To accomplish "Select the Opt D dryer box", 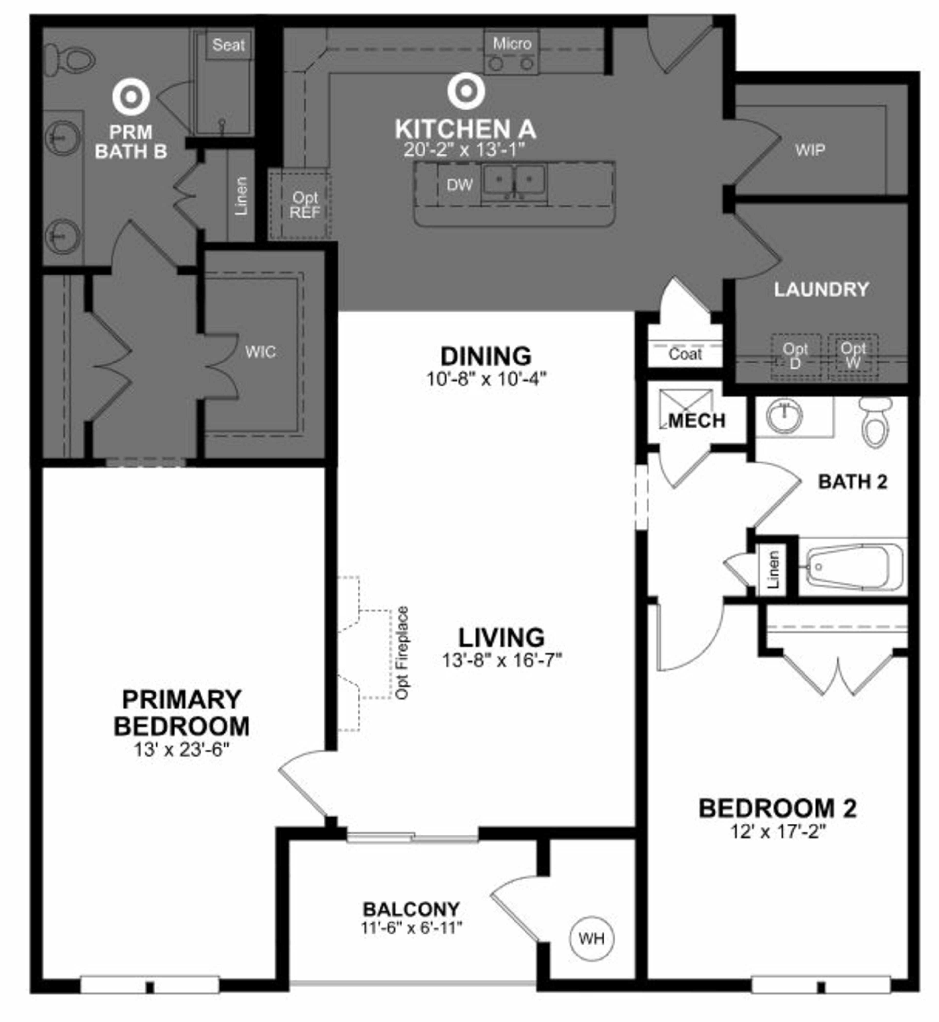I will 795,356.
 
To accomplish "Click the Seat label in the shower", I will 228,45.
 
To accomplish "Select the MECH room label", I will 696,421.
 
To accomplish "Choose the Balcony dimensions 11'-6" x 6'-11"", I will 412,927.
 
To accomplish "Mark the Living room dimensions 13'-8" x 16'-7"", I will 502,660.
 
